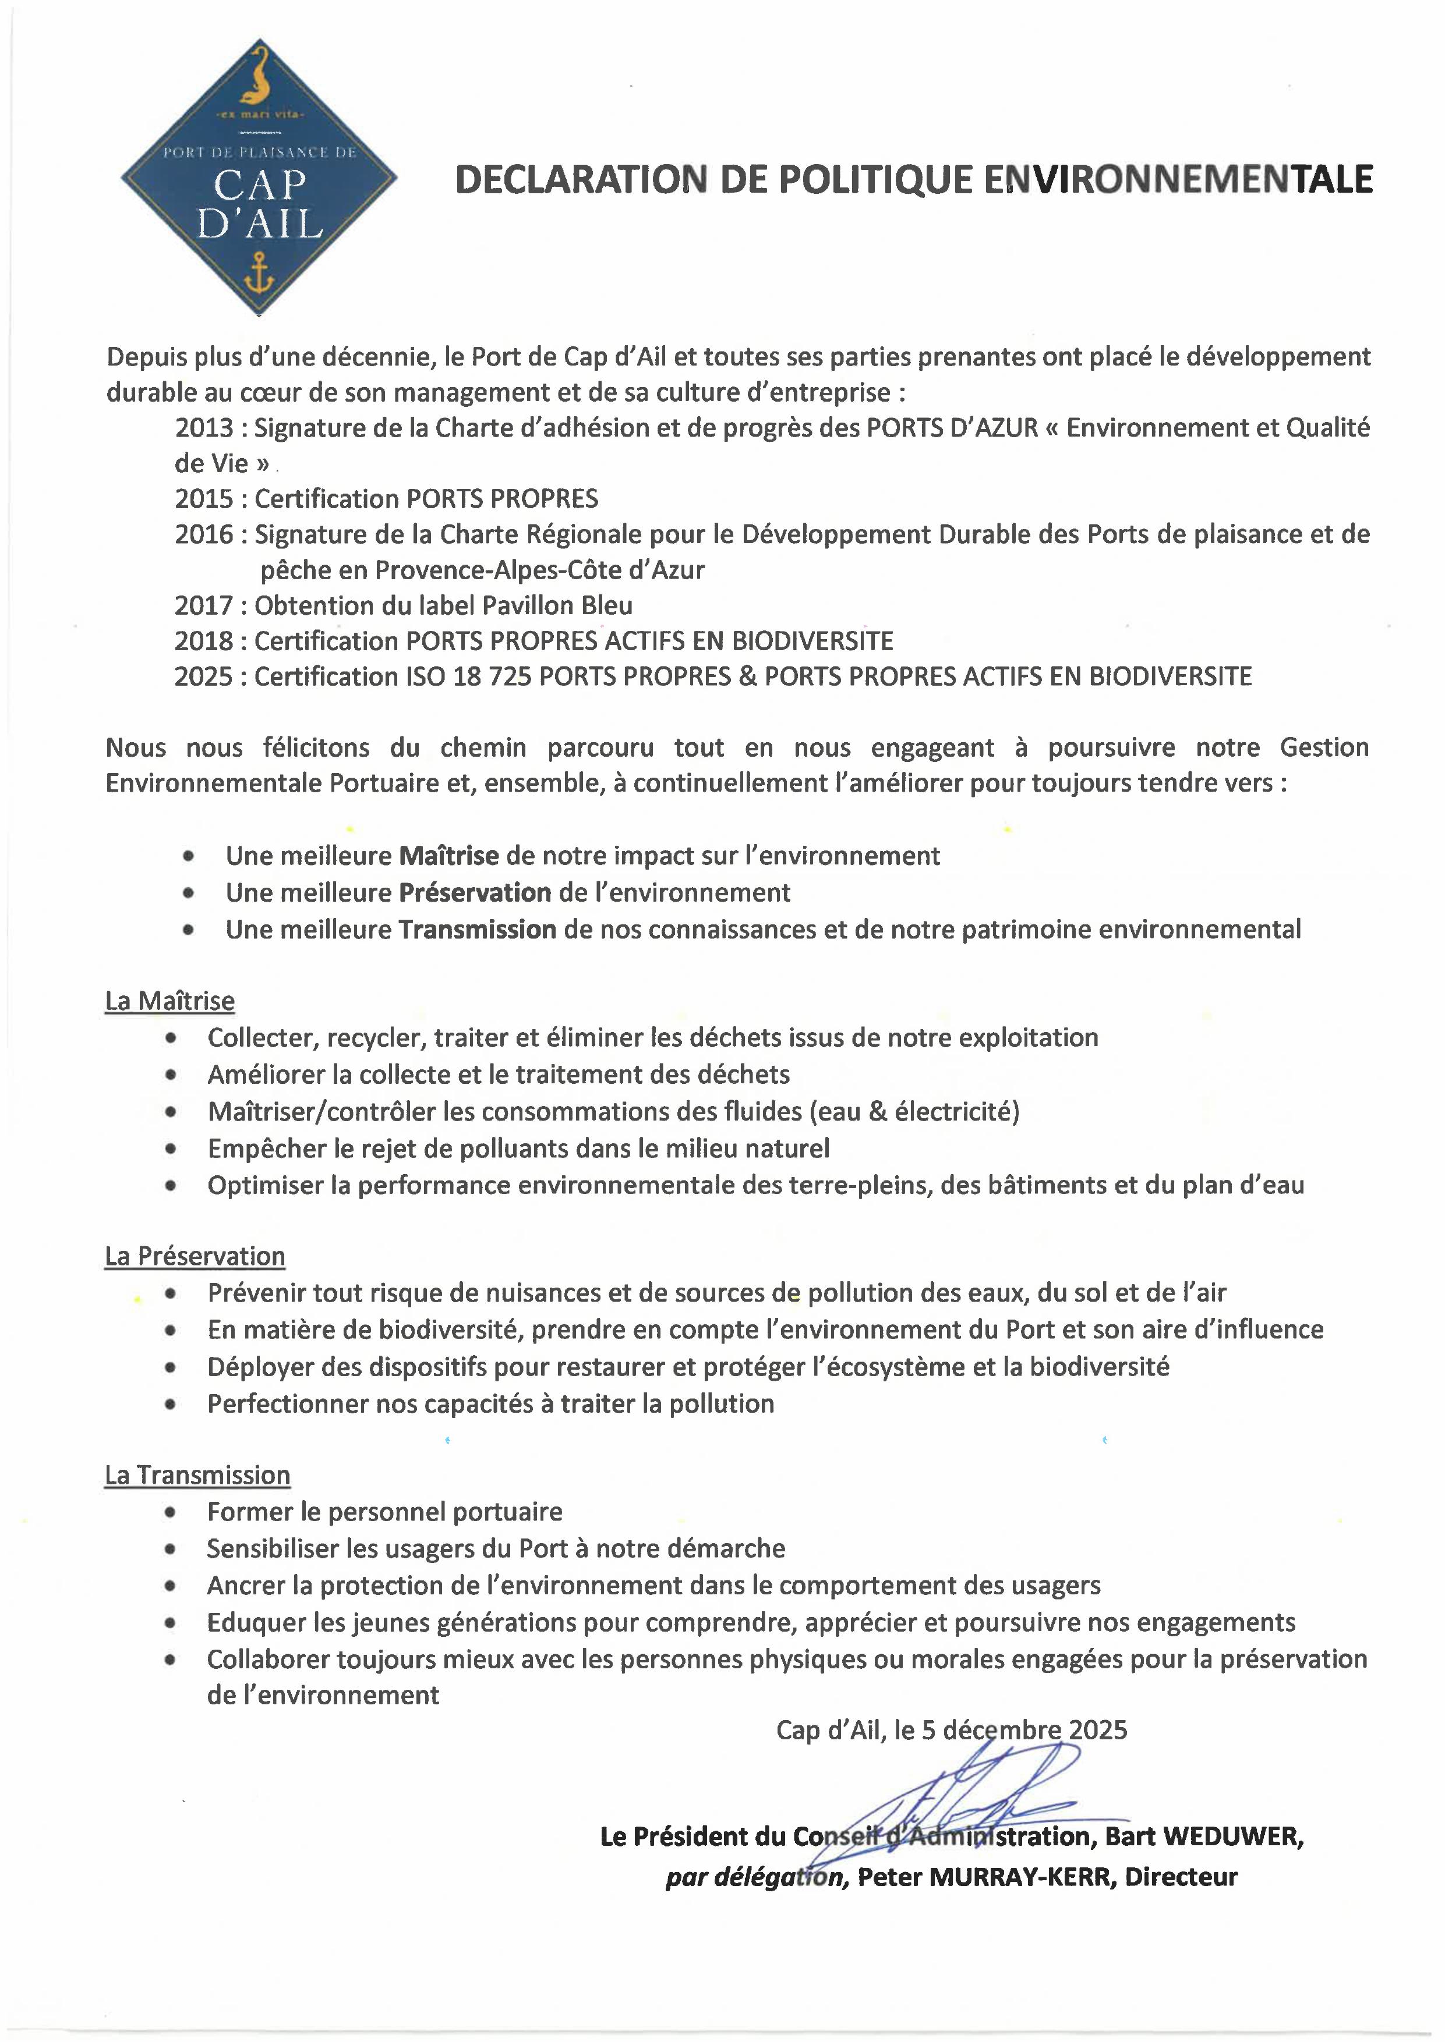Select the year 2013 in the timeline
point(204,428)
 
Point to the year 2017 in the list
point(204,605)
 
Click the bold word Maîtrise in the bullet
point(448,856)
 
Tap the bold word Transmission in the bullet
point(477,930)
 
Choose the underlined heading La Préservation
point(195,1257)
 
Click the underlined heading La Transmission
point(197,1476)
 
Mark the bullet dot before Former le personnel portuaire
point(171,1513)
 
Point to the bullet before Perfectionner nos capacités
point(171,1405)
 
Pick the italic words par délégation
point(757,1877)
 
